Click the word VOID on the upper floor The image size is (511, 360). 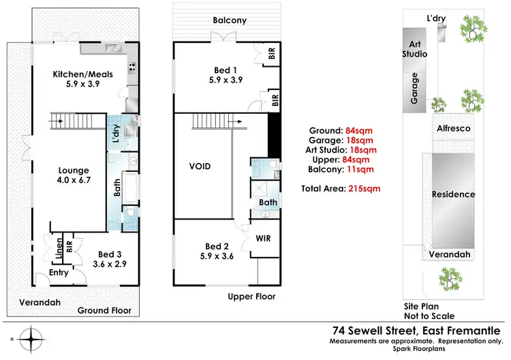pos(200,166)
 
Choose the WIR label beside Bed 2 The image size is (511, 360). pos(263,239)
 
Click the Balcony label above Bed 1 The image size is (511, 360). pos(228,20)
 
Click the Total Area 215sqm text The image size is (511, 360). pos(341,187)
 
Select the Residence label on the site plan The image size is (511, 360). pos(453,194)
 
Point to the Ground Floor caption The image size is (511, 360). pos(104,310)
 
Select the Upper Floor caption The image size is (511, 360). pos(252,297)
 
